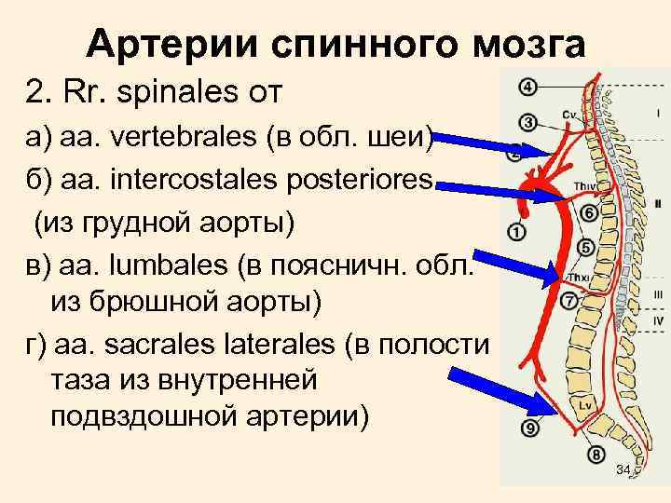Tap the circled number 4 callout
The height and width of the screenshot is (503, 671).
pyautogui.click(x=527, y=88)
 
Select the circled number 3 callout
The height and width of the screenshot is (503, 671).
pyautogui.click(x=527, y=122)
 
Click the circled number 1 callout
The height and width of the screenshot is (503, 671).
pyautogui.click(x=519, y=230)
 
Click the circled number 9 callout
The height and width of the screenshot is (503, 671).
pyautogui.click(x=530, y=428)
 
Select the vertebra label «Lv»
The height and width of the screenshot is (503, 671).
pyautogui.click(x=584, y=406)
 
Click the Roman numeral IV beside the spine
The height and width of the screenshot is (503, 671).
pyautogui.click(x=658, y=321)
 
